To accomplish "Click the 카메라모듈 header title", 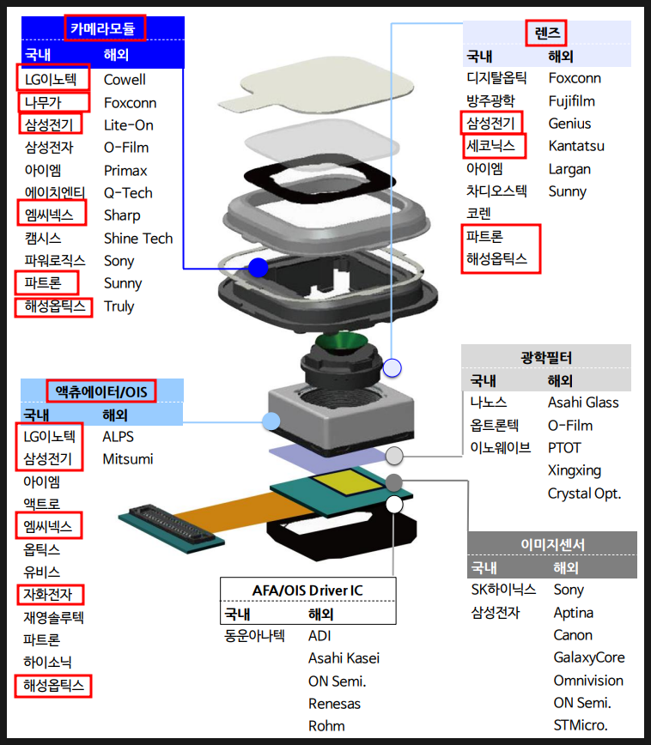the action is coord(102,28).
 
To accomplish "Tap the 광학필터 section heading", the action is coord(545,357).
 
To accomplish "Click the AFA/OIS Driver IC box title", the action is coord(307,591).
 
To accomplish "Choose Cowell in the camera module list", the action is coord(125,80).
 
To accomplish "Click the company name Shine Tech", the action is coord(138,239).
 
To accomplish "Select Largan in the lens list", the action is coord(569,169).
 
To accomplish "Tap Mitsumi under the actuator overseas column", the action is coord(128,459).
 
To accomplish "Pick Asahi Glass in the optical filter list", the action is coord(583,403).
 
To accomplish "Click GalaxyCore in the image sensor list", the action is coord(589,657).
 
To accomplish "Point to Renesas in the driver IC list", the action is coord(334,704).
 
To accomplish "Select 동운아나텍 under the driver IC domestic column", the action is coord(253,636).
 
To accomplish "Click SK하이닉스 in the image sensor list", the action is coord(503,590).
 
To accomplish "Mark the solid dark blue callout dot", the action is coord(258,268).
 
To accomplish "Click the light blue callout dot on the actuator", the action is coord(271,421).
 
